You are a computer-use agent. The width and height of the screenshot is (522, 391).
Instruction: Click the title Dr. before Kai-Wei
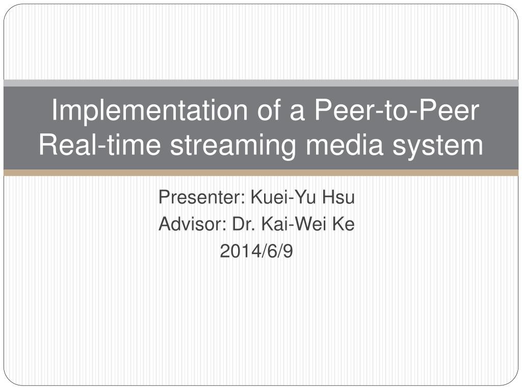click(241, 224)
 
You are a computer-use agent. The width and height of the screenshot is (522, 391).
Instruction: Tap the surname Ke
click(343, 224)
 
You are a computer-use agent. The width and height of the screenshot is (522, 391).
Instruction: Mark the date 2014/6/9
click(256, 250)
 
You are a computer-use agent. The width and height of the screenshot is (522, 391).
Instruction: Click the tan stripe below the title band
click(261, 173)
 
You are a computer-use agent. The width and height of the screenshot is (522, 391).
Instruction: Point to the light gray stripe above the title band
click(261, 83)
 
